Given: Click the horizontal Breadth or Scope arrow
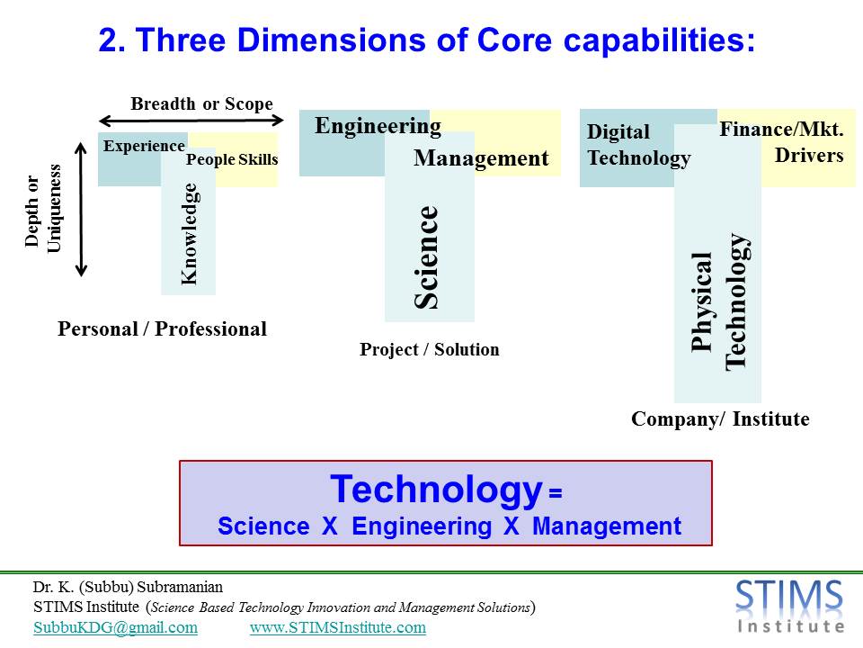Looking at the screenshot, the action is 191,120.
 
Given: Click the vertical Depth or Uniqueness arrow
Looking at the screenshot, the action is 82,209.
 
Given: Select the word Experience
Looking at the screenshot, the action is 144,146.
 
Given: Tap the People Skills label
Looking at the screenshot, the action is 232,159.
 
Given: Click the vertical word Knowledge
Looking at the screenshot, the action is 189,234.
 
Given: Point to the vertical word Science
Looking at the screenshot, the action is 426,256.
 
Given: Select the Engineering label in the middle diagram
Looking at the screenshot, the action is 378,127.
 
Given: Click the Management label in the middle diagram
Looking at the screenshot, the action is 481,158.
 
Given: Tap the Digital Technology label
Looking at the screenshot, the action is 639,145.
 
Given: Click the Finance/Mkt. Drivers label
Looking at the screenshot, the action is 781,142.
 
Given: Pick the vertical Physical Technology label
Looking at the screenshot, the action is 719,302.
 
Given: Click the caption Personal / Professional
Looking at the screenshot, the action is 163,329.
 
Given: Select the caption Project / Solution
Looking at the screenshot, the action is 430,349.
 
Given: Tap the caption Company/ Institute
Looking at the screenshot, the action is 720,418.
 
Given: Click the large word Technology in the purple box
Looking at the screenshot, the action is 437,490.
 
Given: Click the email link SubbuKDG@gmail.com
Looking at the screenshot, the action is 116,627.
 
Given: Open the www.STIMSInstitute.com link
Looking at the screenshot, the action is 338,627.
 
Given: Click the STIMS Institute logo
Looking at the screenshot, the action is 790,606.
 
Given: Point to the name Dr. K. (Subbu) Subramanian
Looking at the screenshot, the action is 128,588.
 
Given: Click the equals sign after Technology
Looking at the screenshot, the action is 556,492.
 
